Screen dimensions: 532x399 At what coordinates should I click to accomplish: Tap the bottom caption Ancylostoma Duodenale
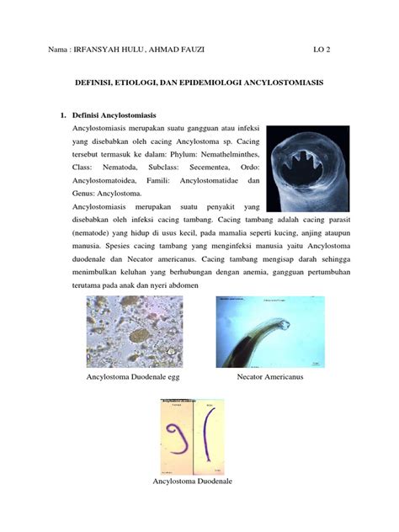click(192, 481)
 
